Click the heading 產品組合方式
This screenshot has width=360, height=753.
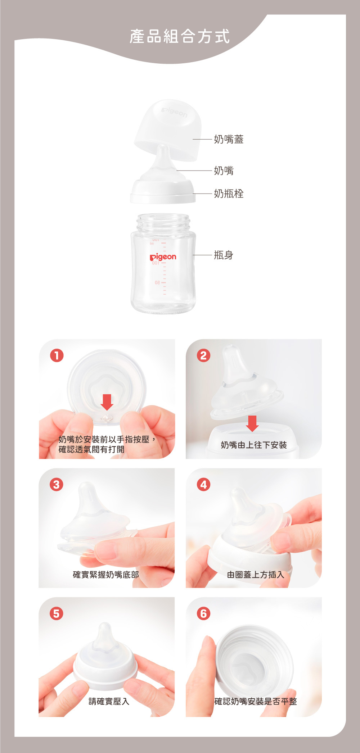click(x=180, y=36)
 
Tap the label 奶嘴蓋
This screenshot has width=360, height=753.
click(x=229, y=139)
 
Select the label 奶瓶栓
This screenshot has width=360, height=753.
click(x=229, y=194)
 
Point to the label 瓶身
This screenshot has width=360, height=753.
click(x=224, y=255)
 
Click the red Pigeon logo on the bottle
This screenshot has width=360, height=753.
click(x=163, y=257)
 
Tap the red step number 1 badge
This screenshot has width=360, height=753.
click(x=57, y=355)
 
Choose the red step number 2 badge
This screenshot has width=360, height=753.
click(x=203, y=355)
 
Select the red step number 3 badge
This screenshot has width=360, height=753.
click(x=57, y=485)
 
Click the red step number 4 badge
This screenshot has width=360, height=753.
click(x=203, y=485)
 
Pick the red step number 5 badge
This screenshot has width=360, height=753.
click(x=57, y=613)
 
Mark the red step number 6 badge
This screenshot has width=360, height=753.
click(x=203, y=613)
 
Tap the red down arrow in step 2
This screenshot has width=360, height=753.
click(x=252, y=423)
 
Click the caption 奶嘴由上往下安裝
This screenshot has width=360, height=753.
click(x=254, y=445)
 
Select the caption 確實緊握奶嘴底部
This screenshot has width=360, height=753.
click(x=106, y=575)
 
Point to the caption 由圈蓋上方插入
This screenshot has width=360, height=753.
click(x=256, y=575)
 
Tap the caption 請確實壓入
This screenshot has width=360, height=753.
click(x=109, y=701)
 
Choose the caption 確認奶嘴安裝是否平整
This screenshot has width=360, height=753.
click(x=256, y=701)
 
